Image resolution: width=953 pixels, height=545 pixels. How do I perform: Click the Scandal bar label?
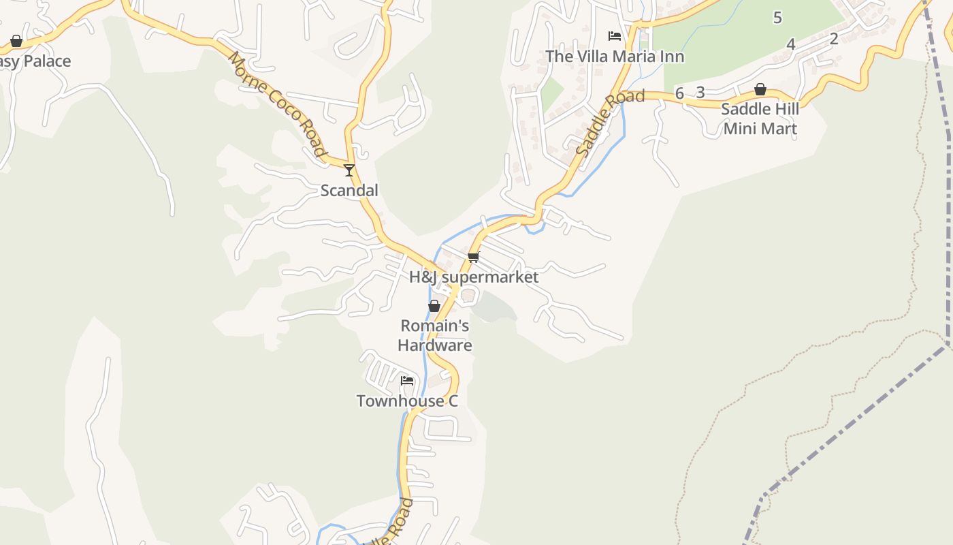pyautogui.click(x=349, y=191)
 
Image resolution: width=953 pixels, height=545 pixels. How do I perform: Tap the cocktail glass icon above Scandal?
pyautogui.click(x=349, y=170)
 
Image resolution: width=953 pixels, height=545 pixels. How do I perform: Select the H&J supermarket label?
pyautogui.click(x=474, y=277)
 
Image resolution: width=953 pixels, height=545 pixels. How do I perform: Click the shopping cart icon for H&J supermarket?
pyautogui.click(x=474, y=257)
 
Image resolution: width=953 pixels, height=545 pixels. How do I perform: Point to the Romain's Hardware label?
pyautogui.click(x=435, y=335)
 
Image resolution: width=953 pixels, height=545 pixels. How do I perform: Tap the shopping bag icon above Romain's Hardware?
pyautogui.click(x=434, y=306)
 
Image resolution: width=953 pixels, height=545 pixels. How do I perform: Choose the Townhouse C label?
pyautogui.click(x=407, y=401)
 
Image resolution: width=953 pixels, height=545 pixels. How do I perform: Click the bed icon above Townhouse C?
pyautogui.click(x=407, y=380)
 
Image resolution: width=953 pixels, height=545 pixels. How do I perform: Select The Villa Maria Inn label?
pyautogui.click(x=615, y=57)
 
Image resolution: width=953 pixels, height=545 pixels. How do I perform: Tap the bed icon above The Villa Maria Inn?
pyautogui.click(x=615, y=36)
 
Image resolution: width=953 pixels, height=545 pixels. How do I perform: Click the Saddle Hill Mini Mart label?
pyautogui.click(x=760, y=119)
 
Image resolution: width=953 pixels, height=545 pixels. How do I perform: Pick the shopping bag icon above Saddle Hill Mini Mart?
pyautogui.click(x=760, y=89)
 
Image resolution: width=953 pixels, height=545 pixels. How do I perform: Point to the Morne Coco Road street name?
pyautogui.click(x=277, y=104)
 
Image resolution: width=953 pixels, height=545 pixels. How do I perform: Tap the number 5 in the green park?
pyautogui.click(x=777, y=18)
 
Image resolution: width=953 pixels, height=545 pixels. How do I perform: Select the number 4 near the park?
pyautogui.click(x=790, y=44)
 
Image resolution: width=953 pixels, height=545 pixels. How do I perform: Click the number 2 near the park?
pyautogui.click(x=834, y=38)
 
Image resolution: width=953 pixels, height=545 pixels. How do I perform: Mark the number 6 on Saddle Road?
pyautogui.click(x=679, y=93)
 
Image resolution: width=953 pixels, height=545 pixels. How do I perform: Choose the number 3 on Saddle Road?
pyautogui.click(x=700, y=93)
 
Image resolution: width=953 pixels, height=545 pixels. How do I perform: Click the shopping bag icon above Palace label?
pyautogui.click(x=16, y=42)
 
